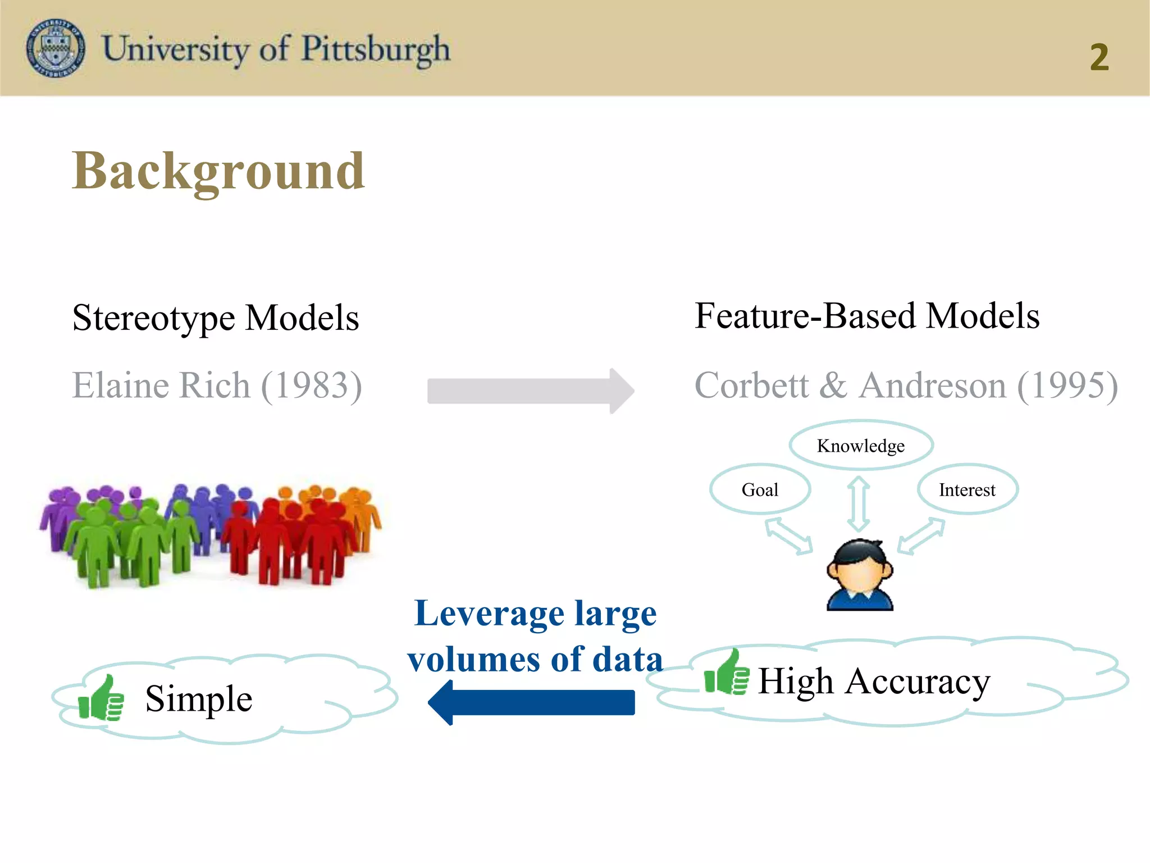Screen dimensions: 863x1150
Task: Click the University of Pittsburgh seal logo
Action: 56,48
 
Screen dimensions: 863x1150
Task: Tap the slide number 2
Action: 1099,57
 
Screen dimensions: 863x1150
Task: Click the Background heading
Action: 218,171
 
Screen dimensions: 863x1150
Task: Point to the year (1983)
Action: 312,385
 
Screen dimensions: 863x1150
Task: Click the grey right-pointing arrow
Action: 530,391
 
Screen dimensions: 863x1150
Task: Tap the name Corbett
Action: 752,385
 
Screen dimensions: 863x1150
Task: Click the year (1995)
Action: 1067,385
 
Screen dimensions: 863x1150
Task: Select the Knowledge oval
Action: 861,446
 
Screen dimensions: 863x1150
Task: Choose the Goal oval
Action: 760,489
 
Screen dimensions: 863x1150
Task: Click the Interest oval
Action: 967,489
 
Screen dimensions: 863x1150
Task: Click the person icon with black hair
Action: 860,574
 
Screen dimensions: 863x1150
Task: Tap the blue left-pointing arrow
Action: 531,702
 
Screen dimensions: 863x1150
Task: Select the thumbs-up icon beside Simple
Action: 102,698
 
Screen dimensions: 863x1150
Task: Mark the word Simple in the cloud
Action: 199,698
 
